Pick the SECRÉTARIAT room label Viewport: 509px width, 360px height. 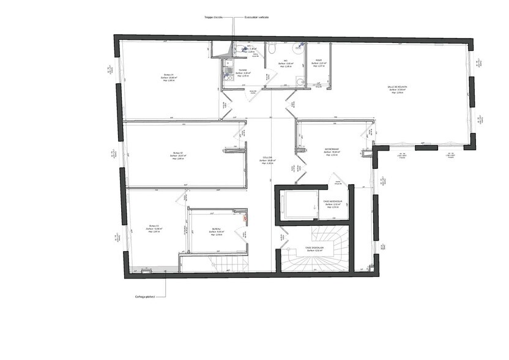coord(332,149)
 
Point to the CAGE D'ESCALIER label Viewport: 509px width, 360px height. coord(314,248)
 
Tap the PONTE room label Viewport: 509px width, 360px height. coord(319,61)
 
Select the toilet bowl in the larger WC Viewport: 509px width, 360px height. coord(275,47)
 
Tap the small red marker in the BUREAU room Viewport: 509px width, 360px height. coord(245,216)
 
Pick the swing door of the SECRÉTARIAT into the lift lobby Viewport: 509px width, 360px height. coord(336,181)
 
